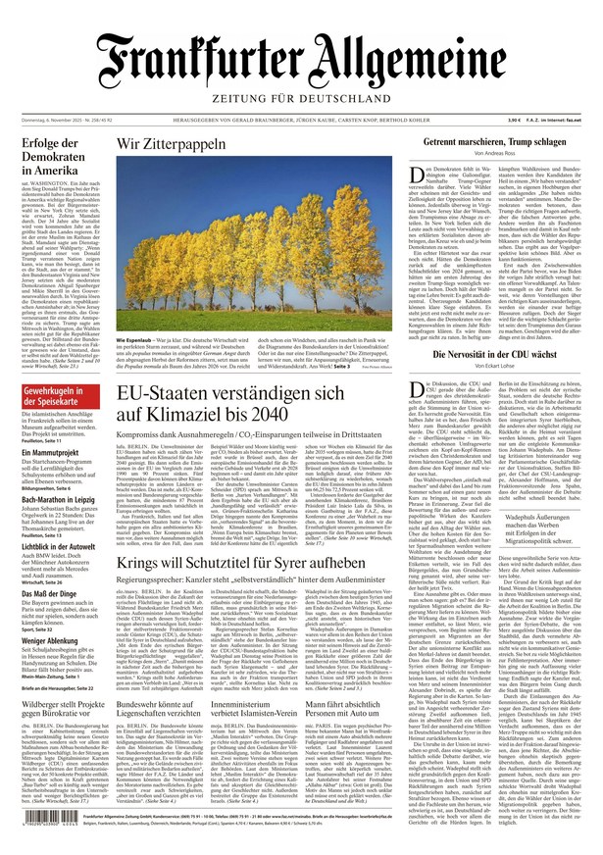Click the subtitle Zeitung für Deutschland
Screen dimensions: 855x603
click(x=301, y=99)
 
